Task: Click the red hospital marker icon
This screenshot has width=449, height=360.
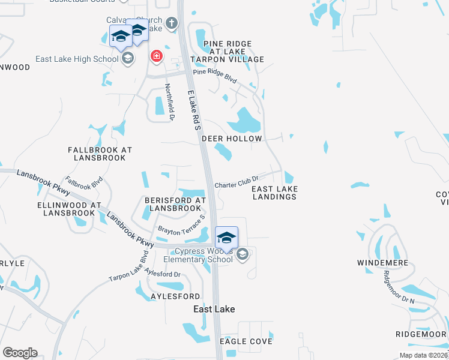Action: [157, 56]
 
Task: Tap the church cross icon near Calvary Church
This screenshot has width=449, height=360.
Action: [171, 23]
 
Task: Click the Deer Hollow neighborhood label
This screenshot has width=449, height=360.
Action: [232, 139]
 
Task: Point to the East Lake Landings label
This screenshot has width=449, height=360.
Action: [275, 193]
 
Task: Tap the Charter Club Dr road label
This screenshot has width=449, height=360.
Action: [236, 179]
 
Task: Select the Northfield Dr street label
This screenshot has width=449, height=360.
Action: [170, 102]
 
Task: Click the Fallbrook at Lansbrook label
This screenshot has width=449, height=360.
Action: [100, 154]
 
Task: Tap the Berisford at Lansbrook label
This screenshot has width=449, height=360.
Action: [175, 204]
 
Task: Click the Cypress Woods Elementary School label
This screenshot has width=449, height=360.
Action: [203, 256]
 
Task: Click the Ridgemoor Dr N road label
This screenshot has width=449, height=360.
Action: [399, 284]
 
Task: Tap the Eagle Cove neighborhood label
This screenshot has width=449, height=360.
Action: [246, 341]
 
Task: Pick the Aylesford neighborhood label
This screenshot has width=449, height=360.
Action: [175, 296]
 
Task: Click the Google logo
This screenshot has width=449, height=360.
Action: [20, 353]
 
